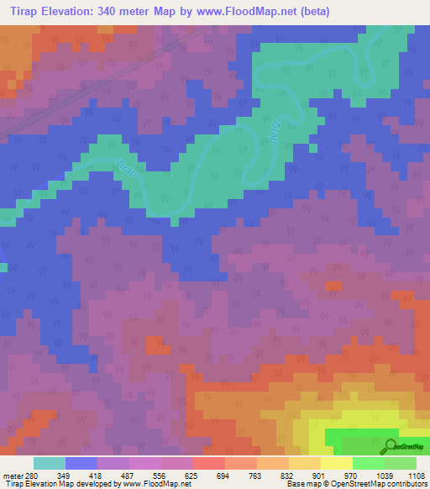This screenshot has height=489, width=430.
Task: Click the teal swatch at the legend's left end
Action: pyautogui.click(x=49, y=463)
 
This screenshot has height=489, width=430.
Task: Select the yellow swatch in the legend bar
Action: pyautogui.click(x=336, y=463)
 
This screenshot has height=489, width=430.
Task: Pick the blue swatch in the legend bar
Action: pyautogui.click(x=81, y=463)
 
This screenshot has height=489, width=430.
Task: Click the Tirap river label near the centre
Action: pyautogui.click(x=275, y=133)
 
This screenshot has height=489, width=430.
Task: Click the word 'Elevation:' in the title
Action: pyautogui.click(x=75, y=12)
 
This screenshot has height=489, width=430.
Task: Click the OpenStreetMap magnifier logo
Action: pyautogui.click(x=391, y=445)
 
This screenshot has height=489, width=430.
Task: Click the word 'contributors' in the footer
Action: pyautogui.click(x=406, y=484)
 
